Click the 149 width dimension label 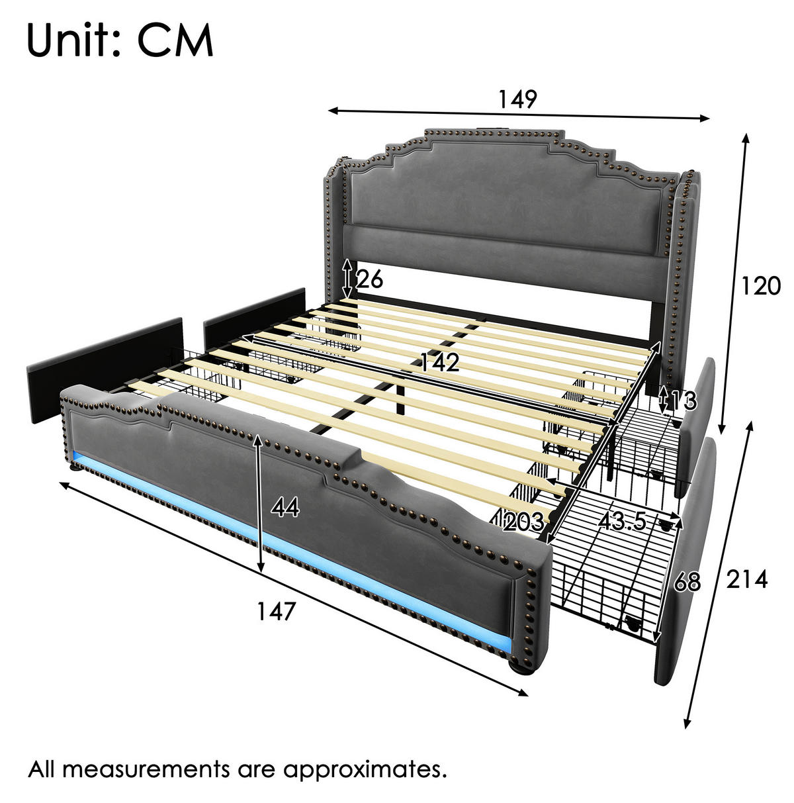pos(517,99)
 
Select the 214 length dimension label pos(746,579)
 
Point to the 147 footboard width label pos(276,612)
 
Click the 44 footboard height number pos(285,508)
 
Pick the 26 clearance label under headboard pos(369,279)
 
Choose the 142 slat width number pos(439,362)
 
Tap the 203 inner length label pos(523,521)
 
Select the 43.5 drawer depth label pos(623,520)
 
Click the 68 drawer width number pos(687,582)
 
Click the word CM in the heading pos(175,40)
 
